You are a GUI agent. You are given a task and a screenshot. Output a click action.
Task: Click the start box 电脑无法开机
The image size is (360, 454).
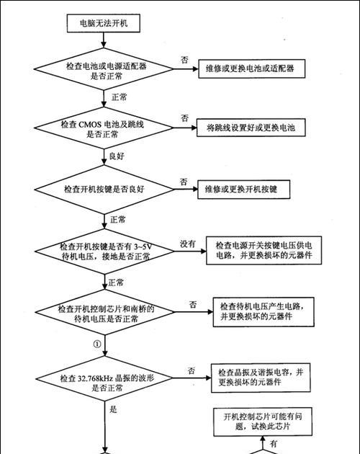tap(104, 23)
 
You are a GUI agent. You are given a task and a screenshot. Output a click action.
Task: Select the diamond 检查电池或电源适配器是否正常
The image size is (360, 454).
tap(104, 69)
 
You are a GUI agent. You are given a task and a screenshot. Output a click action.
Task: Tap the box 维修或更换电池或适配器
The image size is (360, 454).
tap(251, 68)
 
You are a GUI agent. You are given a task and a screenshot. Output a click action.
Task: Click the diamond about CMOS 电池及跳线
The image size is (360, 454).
tap(104, 128)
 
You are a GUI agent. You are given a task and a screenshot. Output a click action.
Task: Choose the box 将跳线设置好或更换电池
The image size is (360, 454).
tap(251, 128)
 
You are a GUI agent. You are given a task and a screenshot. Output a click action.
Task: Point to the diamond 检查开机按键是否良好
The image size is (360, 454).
tap(104, 190)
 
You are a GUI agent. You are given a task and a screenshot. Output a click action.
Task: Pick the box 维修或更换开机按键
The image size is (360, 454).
tap(243, 190)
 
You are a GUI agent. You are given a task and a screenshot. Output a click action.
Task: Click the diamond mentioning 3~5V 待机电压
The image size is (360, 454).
tap(104, 252)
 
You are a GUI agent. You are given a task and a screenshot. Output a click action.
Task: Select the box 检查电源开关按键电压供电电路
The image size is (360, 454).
tap(264, 251)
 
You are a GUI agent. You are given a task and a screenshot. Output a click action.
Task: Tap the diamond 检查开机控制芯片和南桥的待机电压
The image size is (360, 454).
tap(104, 312)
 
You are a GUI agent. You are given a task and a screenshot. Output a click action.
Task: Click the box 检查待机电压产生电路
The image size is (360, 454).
tap(264, 312)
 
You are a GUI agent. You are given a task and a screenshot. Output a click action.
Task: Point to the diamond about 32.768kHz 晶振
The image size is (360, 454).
tap(104, 378)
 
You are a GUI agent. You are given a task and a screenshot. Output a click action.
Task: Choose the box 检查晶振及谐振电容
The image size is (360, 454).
tap(261, 378)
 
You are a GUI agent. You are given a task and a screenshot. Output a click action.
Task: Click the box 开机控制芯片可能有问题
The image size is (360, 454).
tap(263, 422)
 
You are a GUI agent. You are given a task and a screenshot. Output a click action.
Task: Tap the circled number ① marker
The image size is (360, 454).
tap(97, 344)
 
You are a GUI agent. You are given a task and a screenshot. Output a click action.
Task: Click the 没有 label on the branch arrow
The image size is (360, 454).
tap(188, 244)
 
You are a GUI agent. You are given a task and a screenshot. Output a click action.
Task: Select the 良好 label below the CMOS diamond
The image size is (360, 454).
tap(117, 156)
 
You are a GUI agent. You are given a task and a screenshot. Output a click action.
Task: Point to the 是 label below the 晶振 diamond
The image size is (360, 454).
tap(113, 409)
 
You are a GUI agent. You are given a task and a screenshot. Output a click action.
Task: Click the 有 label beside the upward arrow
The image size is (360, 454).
tap(274, 444)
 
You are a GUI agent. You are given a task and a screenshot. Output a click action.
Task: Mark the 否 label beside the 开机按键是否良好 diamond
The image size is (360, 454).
tap(184, 182)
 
